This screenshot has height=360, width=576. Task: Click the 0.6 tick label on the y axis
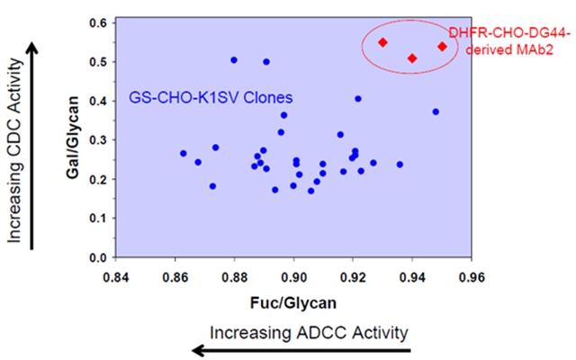pos(98,22)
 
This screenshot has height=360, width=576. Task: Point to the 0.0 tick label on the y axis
pos(98,258)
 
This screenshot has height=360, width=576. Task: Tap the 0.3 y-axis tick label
pos(98,140)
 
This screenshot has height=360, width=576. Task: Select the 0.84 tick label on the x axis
pos(116,277)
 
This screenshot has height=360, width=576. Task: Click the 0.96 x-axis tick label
pos(472,277)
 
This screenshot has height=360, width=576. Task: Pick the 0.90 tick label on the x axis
pos(294,277)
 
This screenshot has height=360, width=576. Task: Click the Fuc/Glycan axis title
pos(293,303)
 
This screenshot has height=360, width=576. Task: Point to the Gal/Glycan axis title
pos(73,138)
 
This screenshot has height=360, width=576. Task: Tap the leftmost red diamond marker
pos(382,42)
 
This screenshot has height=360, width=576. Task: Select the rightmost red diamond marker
pos(442,47)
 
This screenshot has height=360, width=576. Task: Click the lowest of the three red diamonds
pos(412,58)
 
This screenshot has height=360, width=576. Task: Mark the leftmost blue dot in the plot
pos(184,154)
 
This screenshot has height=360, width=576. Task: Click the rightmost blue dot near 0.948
pos(436,112)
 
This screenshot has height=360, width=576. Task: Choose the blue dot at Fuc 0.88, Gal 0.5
pos(234,60)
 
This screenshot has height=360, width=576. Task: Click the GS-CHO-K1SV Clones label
pos(211,98)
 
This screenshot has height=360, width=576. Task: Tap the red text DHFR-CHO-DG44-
pos(510,33)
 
